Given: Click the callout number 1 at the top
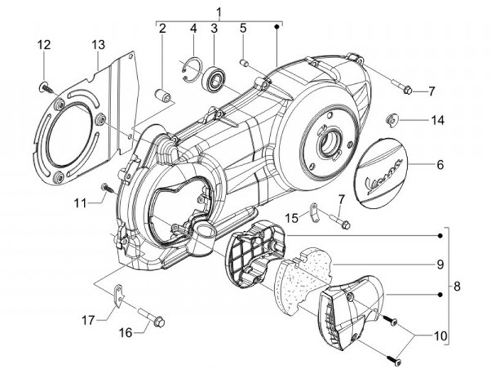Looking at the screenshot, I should point(219,11).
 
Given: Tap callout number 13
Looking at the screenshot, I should point(99,45).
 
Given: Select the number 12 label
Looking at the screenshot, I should point(44,45).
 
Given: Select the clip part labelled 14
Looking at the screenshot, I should point(393,120).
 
